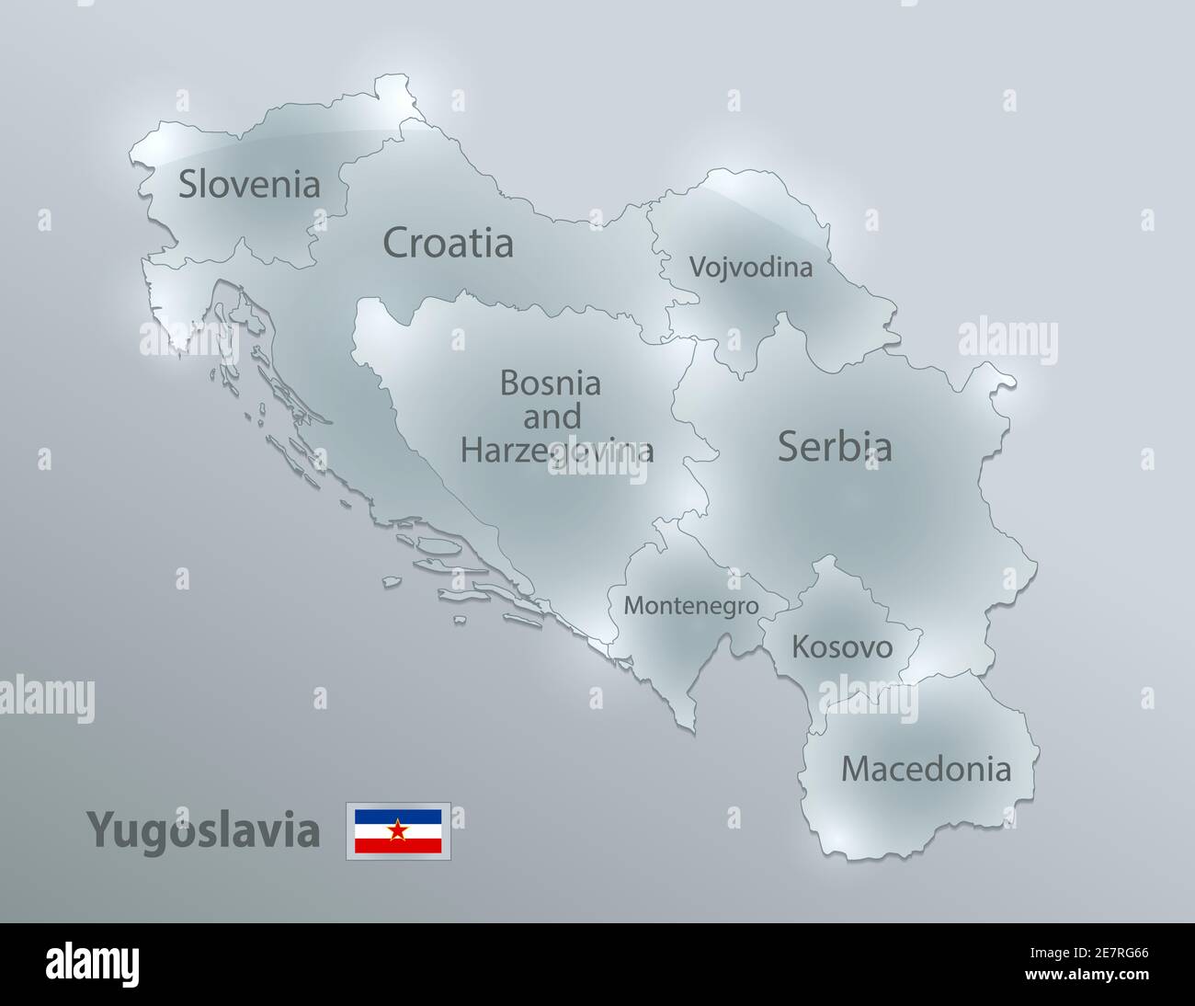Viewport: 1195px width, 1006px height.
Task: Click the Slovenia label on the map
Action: (249, 184)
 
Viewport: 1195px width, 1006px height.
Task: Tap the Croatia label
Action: (448, 244)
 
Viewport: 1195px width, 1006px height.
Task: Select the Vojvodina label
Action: (750, 268)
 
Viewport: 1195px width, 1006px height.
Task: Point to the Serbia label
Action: (835, 447)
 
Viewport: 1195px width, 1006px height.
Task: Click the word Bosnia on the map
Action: (550, 383)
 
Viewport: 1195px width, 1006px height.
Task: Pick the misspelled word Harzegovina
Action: (557, 450)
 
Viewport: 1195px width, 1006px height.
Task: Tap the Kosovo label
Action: (842, 647)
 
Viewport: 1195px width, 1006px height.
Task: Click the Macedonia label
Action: (926, 769)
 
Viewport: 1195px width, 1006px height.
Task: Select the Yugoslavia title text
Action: (203, 831)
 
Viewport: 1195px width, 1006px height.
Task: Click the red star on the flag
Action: (398, 831)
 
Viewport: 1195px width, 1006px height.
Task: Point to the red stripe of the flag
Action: (398, 847)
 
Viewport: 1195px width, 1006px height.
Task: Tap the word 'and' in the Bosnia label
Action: (552, 417)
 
